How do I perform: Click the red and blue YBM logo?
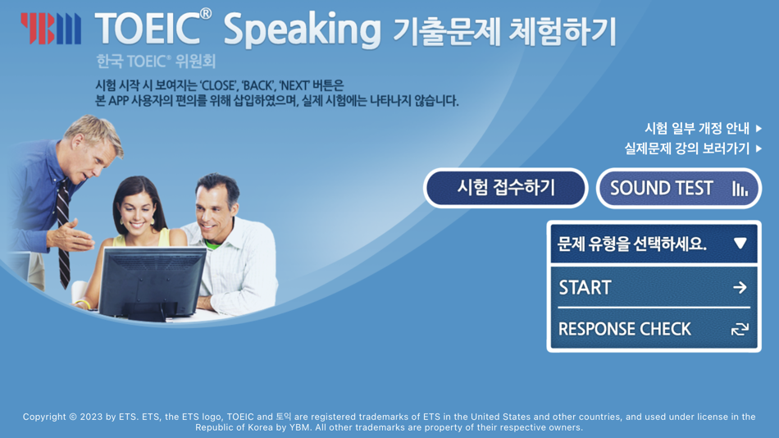[51, 28]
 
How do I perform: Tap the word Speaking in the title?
[302, 30]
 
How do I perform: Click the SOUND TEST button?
[678, 189]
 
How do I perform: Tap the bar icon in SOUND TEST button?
[740, 189]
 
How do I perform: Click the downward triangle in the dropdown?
[740, 244]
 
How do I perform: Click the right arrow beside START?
[740, 287]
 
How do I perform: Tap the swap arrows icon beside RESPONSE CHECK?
[740, 329]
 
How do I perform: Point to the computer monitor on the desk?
[153, 281]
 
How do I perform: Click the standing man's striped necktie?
[62, 230]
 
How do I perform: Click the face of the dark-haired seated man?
[215, 206]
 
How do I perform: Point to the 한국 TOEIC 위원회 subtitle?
[156, 62]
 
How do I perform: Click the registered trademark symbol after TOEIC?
[205, 14]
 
